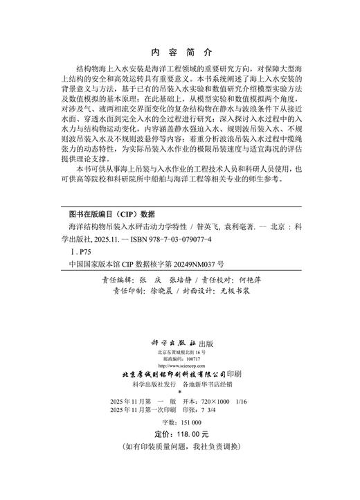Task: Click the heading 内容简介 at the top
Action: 180,53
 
